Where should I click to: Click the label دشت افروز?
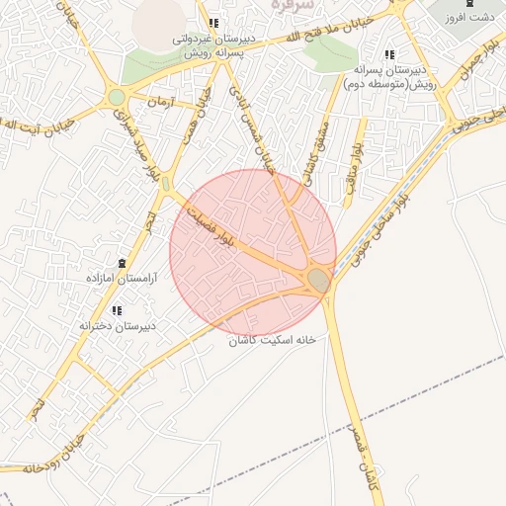coord(469,18)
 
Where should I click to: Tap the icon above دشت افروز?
coord(469,4)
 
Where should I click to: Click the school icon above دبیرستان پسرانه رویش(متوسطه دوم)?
coord(390,54)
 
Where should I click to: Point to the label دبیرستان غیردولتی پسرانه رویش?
coord(213,46)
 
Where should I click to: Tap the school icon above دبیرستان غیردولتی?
coord(213,24)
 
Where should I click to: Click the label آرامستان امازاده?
coord(121,280)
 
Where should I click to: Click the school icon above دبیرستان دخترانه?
coord(117,310)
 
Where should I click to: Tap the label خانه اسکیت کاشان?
coord(272,339)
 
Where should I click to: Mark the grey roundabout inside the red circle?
coord(318,281)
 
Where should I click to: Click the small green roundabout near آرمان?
coord(118,97)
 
